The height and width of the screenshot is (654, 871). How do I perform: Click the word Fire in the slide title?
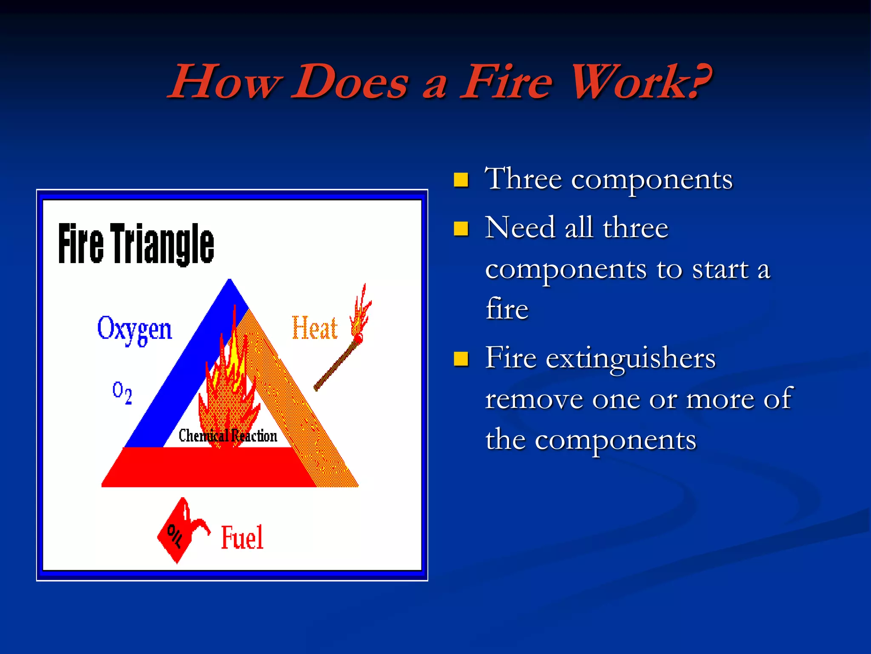[506, 82]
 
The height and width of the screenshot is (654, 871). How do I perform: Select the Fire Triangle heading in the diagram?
[136, 244]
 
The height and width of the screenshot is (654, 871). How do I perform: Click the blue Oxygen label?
[134, 329]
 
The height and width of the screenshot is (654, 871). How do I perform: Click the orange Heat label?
[315, 329]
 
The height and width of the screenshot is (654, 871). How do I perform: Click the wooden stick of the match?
[336, 366]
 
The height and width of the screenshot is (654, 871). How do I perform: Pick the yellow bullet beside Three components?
[461, 180]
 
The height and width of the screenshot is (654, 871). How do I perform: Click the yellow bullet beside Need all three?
[461, 229]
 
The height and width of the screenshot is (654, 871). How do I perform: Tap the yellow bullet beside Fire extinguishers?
[461, 359]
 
